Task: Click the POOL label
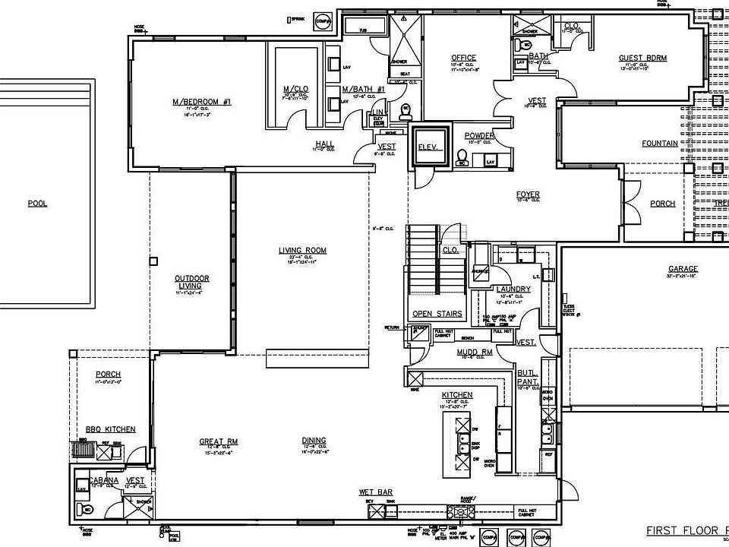[x=37, y=204]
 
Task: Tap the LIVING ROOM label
[x=301, y=250]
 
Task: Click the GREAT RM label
[x=219, y=441]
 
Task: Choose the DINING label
[x=314, y=441]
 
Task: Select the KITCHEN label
[x=457, y=395]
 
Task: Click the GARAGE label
[x=683, y=269]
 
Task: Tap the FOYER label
[x=527, y=195]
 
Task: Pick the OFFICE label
[x=463, y=58]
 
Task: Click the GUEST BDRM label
[x=642, y=58]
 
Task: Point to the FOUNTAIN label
[x=659, y=143]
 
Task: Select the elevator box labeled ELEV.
[x=430, y=147]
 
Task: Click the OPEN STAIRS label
[x=431, y=313]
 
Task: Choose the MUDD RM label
[x=475, y=353]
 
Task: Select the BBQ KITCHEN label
[x=111, y=430]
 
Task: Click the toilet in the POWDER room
[x=461, y=160]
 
